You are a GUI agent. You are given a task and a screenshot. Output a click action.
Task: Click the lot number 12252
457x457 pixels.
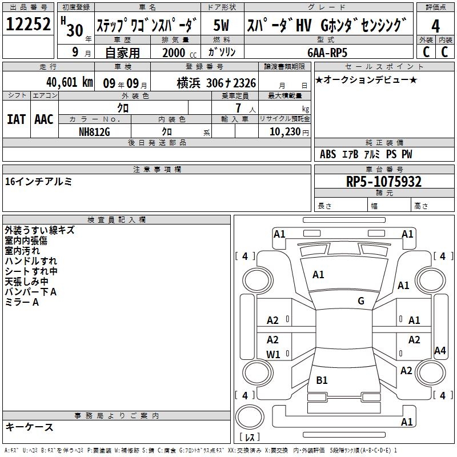point(28,23)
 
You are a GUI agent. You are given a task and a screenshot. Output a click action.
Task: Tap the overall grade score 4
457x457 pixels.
point(435,26)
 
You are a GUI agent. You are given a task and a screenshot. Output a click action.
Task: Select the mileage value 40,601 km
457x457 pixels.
point(70,82)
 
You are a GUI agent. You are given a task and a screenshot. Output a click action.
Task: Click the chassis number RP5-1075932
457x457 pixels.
point(383,181)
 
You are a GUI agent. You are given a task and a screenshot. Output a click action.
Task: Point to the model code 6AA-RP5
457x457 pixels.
point(327,53)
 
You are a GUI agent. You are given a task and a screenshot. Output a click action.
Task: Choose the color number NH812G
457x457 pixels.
point(94,132)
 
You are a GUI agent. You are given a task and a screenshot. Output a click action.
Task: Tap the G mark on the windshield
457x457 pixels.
point(361,301)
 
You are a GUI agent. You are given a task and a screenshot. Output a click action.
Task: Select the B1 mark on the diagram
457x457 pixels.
point(322,380)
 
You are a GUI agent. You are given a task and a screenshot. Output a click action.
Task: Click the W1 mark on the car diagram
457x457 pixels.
point(273,354)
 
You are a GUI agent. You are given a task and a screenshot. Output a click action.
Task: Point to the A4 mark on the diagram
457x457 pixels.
point(440,350)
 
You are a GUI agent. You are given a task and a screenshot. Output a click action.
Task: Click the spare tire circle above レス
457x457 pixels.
point(250,416)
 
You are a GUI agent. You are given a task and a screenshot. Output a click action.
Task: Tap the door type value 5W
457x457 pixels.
point(221,25)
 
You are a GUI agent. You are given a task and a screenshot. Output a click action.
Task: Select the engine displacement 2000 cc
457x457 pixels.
point(179,53)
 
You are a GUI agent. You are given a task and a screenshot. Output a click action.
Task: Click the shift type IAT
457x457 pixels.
point(16,119)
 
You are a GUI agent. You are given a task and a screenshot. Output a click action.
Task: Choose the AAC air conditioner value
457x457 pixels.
point(44,119)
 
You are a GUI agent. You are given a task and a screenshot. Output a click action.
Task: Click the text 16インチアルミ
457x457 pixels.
point(38,182)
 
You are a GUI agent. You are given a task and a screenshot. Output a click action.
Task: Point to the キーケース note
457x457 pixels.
point(29,427)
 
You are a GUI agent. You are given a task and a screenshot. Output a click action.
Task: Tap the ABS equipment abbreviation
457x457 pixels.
point(328,154)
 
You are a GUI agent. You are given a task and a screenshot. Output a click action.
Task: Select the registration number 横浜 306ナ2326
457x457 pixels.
point(217,83)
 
